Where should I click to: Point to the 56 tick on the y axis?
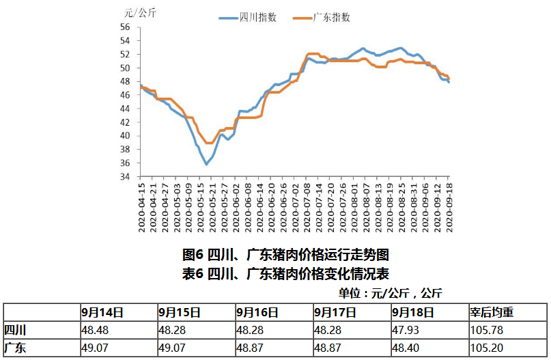pos(125,27)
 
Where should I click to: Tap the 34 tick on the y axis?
pos(125,176)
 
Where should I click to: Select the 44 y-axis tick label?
pos(125,109)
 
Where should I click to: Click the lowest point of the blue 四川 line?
pos(206,164)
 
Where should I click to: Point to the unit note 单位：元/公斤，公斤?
pos(390,293)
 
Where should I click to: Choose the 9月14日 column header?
pos(102,312)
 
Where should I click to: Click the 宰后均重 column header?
pos(491,312)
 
